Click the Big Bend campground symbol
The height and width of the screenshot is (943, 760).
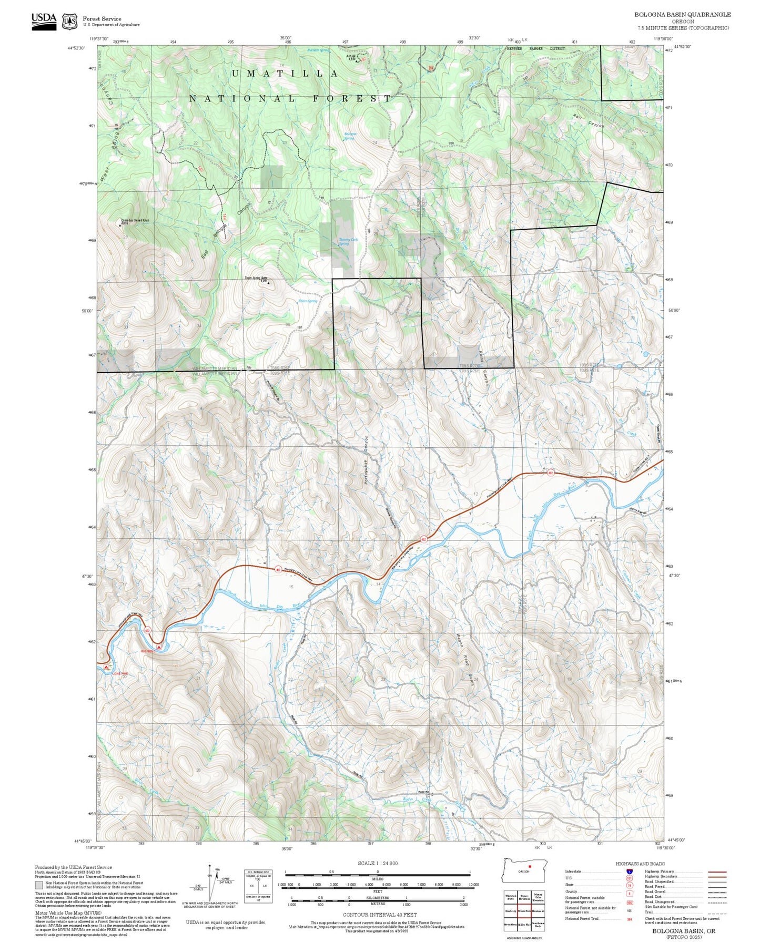159,647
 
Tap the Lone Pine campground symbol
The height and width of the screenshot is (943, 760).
106,667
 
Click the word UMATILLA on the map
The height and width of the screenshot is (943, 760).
285,74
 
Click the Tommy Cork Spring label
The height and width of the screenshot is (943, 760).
344,241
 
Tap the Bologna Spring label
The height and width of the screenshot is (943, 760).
350,136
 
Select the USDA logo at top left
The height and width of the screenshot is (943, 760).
44,20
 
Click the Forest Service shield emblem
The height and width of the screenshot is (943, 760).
69,22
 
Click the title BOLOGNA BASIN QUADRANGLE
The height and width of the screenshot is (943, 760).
682,15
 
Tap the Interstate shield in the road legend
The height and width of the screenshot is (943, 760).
629,872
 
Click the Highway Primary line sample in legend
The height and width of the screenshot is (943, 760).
717,872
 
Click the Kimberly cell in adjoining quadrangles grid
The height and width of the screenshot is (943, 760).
510,911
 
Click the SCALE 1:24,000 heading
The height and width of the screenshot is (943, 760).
378,863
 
